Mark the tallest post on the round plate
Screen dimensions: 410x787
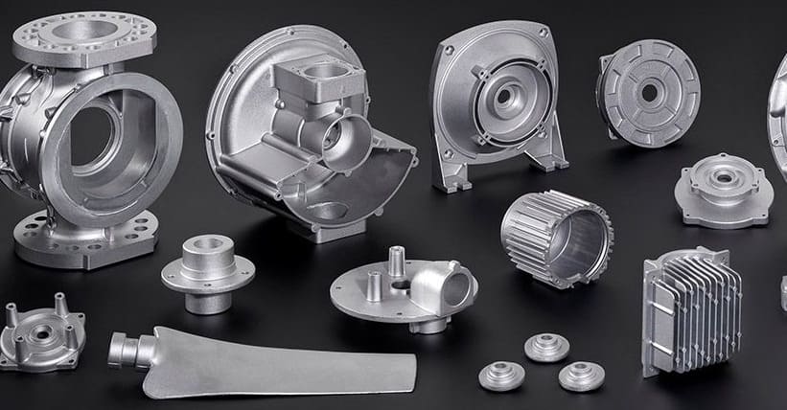pyautogui.click(x=396, y=263)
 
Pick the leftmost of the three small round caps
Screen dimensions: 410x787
pyautogui.click(x=501, y=376)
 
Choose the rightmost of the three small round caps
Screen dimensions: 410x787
pyautogui.click(x=580, y=376)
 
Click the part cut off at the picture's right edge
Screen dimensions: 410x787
pyautogui.click(x=778, y=115)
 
